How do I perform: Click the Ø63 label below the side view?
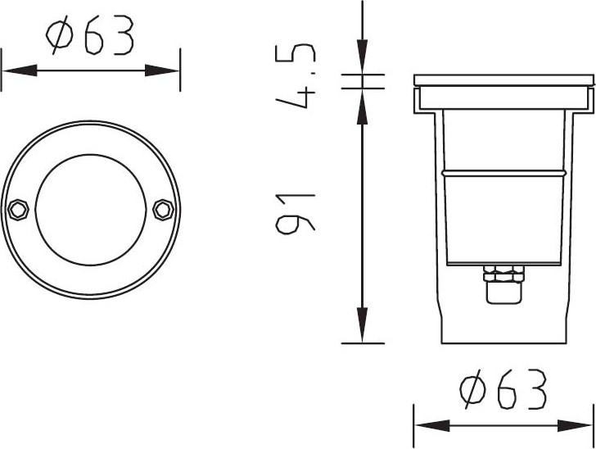pyautogui.click(x=503, y=389)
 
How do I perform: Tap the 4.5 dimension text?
pyautogui.click(x=296, y=76)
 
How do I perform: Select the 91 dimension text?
pyautogui.click(x=296, y=213)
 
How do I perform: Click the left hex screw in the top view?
pyautogui.click(x=18, y=209)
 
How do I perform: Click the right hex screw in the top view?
pyautogui.click(x=163, y=209)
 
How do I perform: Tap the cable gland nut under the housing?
pyautogui.click(x=503, y=274)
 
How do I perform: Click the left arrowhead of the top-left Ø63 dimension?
pyautogui.click(x=20, y=70)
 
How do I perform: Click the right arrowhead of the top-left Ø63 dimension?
pyautogui.click(x=162, y=70)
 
